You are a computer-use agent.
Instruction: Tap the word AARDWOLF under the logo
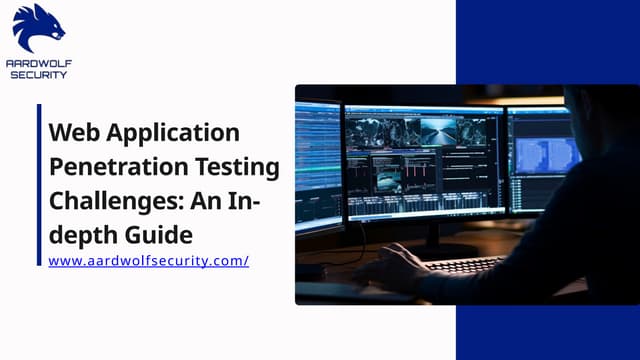39,63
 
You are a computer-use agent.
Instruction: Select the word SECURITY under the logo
39,75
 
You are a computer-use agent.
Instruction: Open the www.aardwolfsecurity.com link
148,261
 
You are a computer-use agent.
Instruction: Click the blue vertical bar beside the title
39,185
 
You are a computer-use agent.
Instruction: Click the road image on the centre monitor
438,130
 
